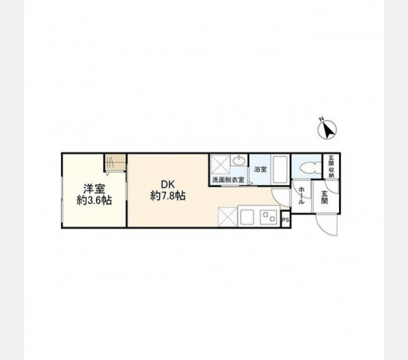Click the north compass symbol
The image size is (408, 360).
click(329, 129)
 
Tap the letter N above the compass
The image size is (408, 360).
click(322, 118)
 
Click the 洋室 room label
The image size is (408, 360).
click(94, 188)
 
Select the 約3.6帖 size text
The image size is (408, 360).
click(94, 200)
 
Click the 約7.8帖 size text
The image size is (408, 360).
click(167, 196)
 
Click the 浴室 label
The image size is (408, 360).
click(260, 170)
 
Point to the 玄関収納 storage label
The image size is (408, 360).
click(331, 166)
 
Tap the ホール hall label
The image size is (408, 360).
click(301, 195)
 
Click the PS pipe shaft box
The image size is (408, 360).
click(285, 220)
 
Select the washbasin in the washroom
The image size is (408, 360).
click(238, 161)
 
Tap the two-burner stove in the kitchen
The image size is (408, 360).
click(268, 216)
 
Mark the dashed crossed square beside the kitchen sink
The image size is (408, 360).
click(228, 216)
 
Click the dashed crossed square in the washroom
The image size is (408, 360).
click(220, 163)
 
